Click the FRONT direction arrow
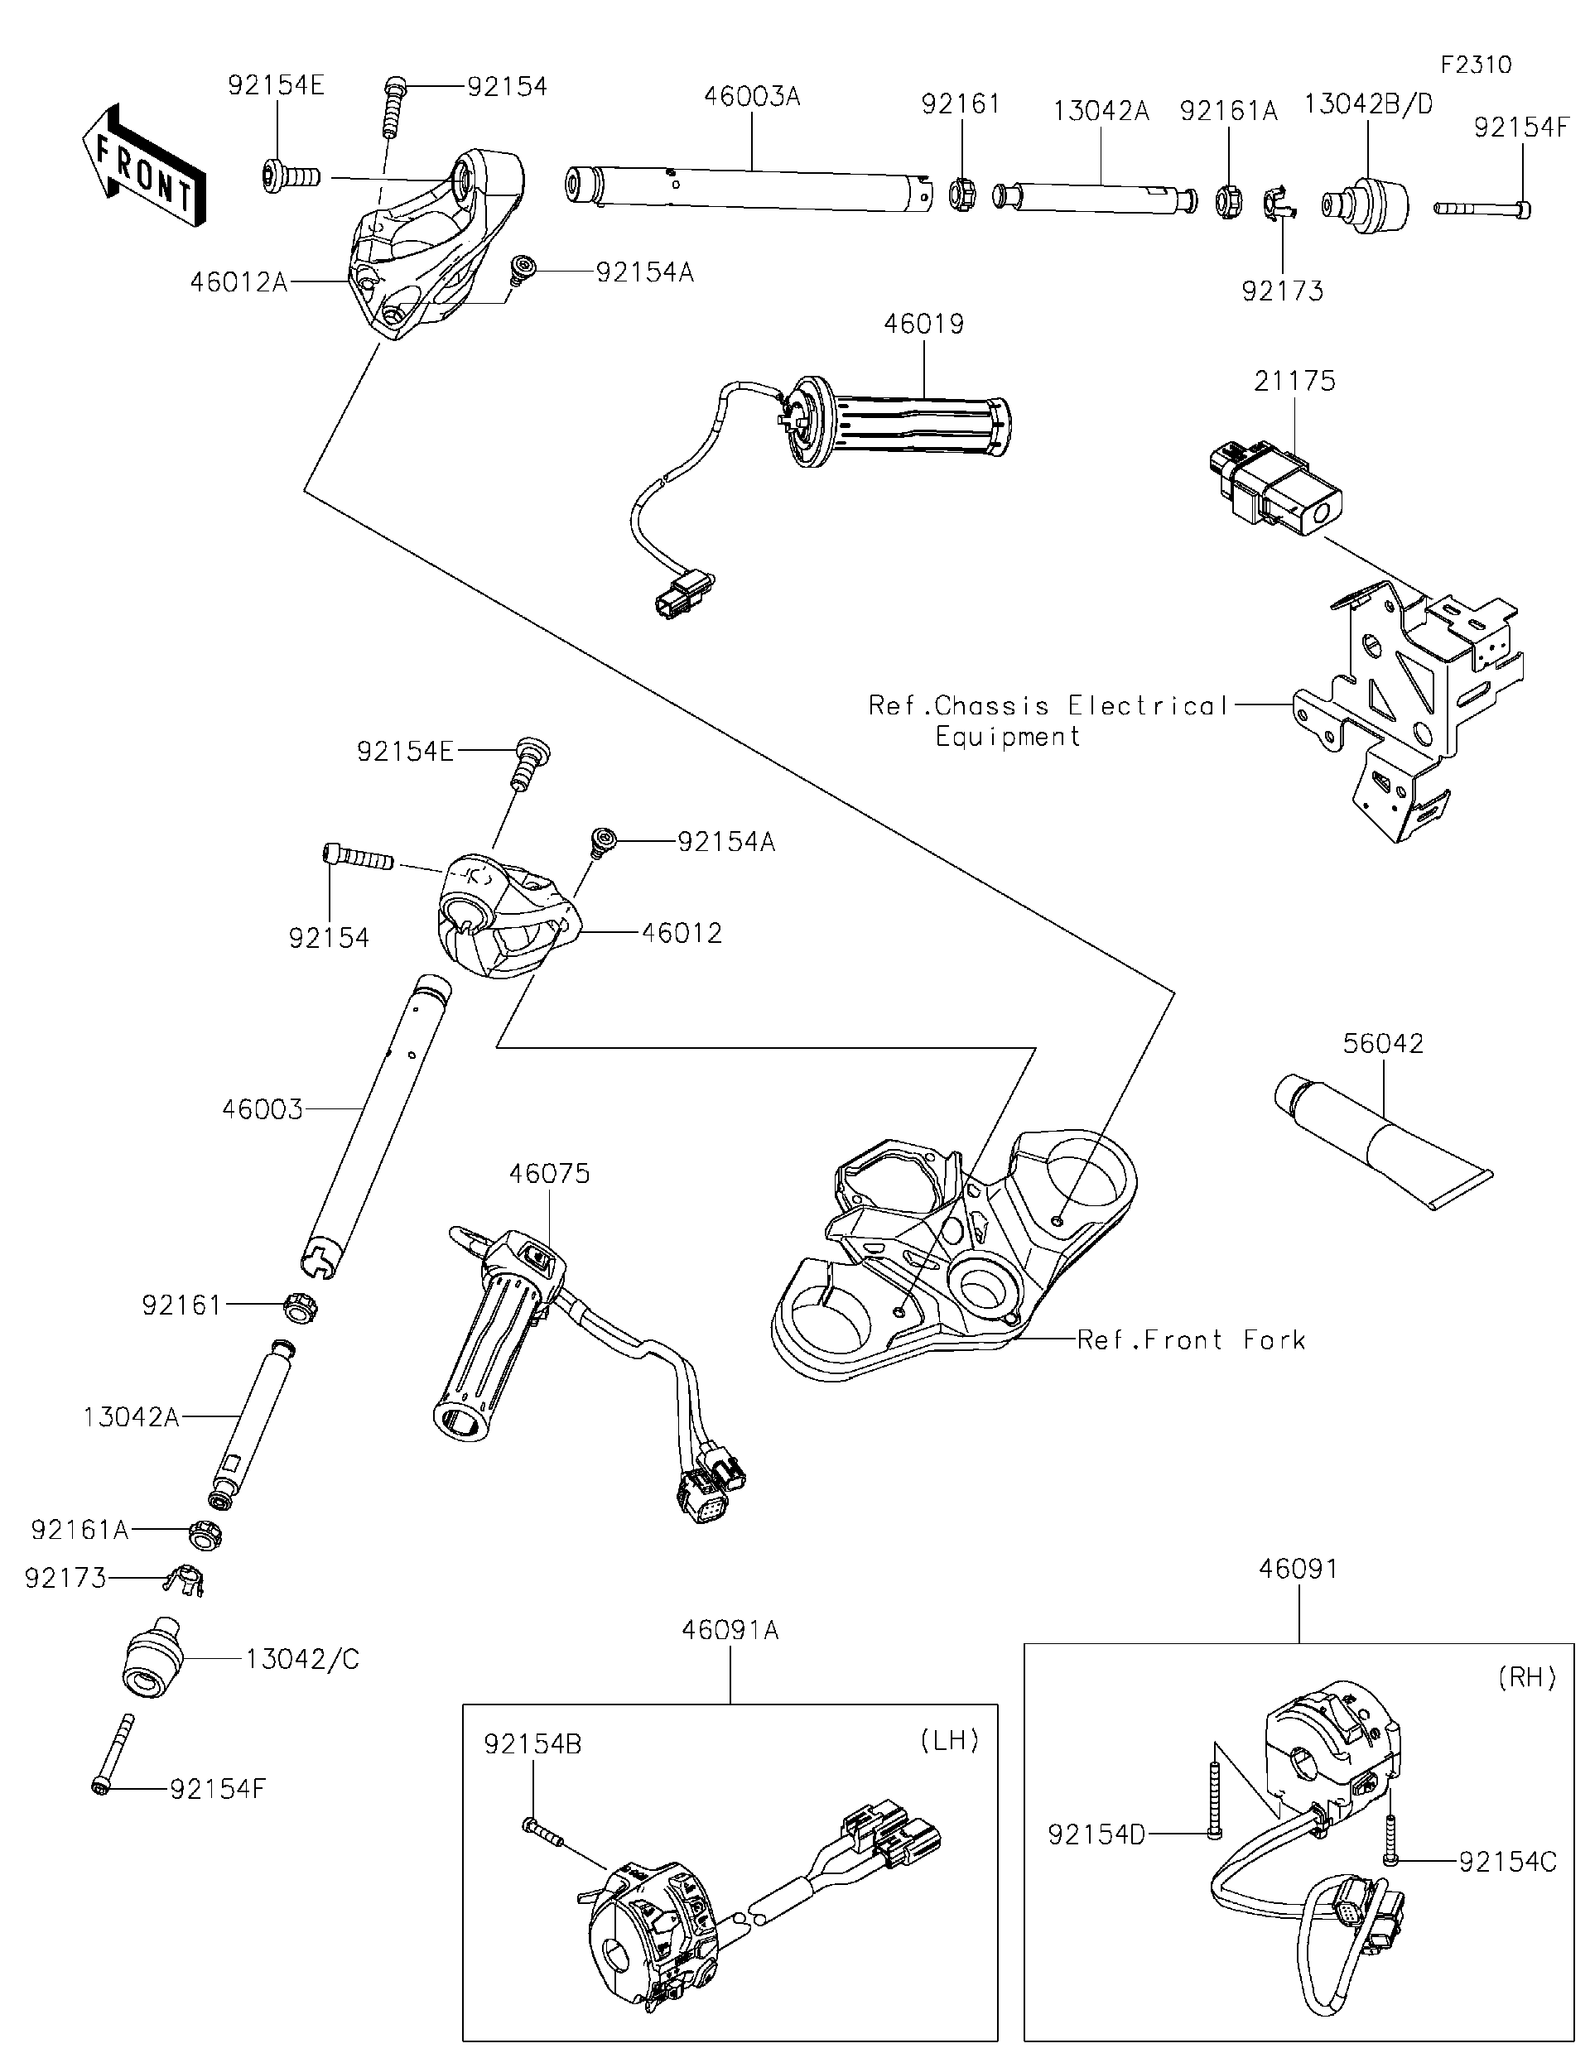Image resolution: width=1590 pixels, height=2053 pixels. click(x=143, y=166)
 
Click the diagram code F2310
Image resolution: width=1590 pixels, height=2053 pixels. click(x=1475, y=65)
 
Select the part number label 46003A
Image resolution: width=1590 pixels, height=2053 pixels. click(x=751, y=96)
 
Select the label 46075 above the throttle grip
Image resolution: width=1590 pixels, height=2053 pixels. click(x=549, y=1173)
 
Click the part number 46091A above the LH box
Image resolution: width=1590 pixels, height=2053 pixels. click(x=730, y=1629)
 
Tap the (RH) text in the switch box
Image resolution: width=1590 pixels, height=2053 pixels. click(x=1527, y=1677)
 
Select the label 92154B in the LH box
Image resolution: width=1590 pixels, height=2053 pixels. click(x=533, y=1743)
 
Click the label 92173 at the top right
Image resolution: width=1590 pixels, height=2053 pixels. click(x=1282, y=291)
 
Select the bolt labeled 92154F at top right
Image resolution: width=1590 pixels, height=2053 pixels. click(x=1481, y=208)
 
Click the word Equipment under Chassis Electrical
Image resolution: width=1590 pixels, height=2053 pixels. click(x=1007, y=736)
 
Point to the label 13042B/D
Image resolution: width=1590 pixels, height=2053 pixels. click(x=1368, y=104)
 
